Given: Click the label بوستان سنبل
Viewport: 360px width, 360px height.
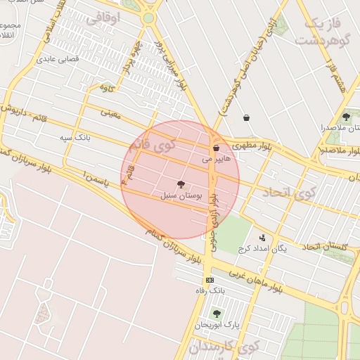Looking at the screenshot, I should (181, 196).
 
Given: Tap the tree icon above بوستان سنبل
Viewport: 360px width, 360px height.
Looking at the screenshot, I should (181, 184).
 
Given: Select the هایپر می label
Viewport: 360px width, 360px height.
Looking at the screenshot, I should (216, 160).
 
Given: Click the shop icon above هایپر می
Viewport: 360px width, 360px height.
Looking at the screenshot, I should (216, 148).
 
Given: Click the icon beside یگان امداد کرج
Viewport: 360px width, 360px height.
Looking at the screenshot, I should (262, 238).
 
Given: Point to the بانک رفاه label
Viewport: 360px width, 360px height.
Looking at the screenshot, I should (209, 290).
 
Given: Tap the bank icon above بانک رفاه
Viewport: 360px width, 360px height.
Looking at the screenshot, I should (210, 280).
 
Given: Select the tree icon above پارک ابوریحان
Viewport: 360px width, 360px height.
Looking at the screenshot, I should (217, 314).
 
